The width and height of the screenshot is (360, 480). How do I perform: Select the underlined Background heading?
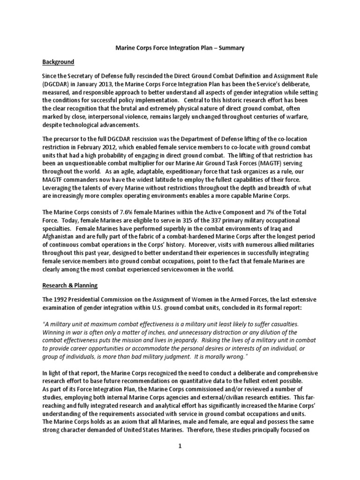59,61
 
